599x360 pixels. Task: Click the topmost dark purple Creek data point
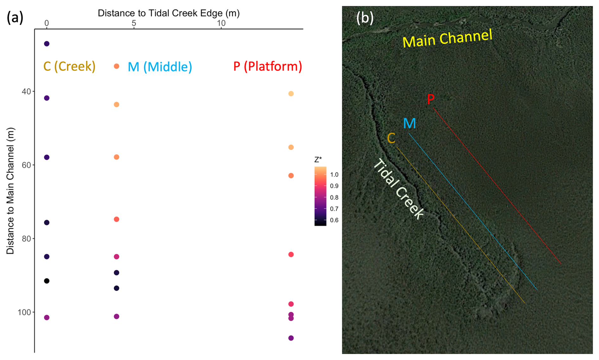pos(47,44)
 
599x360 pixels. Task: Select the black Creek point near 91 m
pos(47,281)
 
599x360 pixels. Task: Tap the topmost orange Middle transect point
pos(117,66)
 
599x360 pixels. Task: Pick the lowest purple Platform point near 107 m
pos(291,338)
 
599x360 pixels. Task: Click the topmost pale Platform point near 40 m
pos(291,94)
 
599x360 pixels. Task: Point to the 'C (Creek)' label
pos(69,66)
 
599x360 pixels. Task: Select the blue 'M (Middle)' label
pos(160,67)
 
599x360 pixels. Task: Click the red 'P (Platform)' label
pos(268,66)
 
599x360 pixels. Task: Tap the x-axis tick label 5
pos(134,23)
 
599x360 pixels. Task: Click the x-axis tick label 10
pos(221,23)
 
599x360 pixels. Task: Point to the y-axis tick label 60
pos(27,165)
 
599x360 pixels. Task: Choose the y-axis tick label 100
pos(24,313)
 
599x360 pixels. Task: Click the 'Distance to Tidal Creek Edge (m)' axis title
pos(168,13)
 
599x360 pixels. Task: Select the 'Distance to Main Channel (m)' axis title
pos(10,191)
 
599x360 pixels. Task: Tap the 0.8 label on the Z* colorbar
pos(334,197)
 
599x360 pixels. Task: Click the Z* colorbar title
pos(318,160)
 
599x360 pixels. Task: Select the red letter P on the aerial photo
pos(430,99)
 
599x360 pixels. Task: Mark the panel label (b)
pos(365,18)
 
